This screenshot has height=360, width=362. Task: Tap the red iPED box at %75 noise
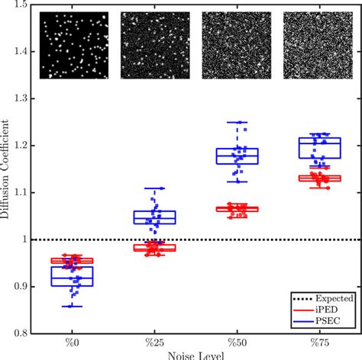319,178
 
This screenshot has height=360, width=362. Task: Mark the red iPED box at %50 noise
237,208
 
